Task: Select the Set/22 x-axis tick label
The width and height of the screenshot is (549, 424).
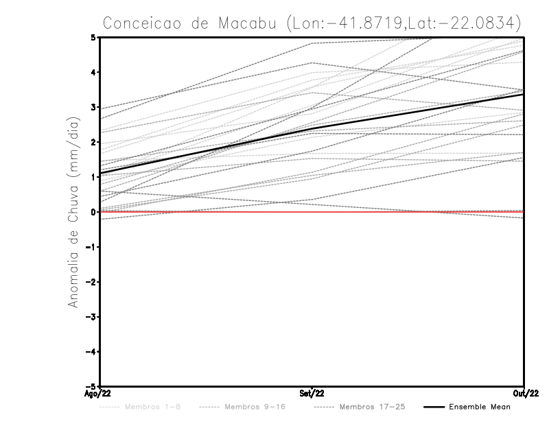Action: [x=312, y=394]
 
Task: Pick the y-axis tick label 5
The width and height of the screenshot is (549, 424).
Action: [x=93, y=37]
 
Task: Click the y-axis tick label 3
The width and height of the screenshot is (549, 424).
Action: [x=93, y=107]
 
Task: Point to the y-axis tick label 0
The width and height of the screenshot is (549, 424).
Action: [x=93, y=212]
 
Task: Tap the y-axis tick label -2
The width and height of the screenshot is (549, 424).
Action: [x=91, y=282]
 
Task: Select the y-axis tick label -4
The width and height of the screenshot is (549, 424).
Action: [x=91, y=351]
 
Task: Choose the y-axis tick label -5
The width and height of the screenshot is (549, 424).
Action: [x=91, y=386]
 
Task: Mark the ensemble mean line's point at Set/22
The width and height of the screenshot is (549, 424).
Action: [x=312, y=128]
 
